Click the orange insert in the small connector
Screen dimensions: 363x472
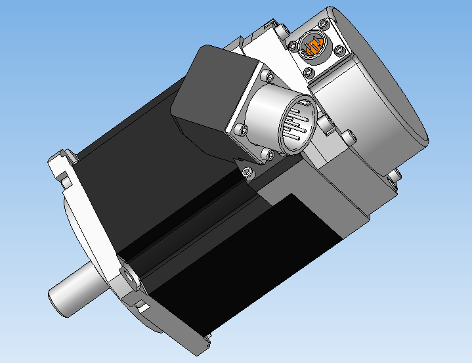[313, 47]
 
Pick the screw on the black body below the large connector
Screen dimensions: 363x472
[247, 171]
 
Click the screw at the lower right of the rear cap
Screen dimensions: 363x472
[395, 175]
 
